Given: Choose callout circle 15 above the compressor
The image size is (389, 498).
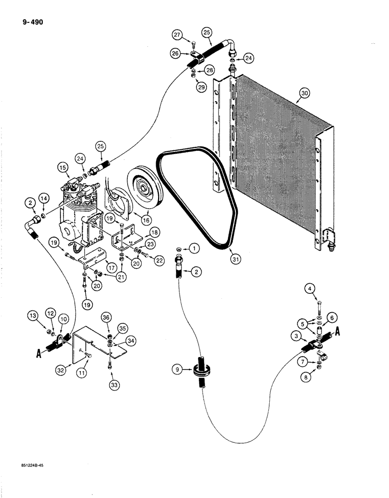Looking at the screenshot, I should point(62,168).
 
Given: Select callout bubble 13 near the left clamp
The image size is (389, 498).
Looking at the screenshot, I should point(33,316).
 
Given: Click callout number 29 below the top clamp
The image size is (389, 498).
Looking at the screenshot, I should point(202,89).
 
